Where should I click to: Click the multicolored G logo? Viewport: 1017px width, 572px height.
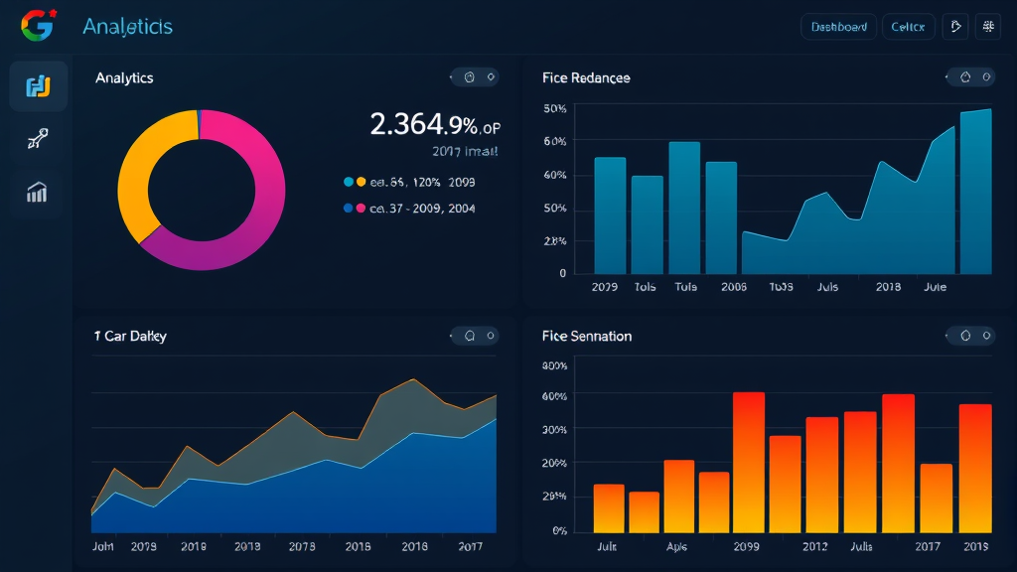37,26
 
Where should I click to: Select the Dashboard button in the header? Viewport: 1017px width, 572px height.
838,27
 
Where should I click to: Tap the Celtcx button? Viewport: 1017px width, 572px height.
908,27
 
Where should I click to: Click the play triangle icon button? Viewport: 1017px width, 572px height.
955,27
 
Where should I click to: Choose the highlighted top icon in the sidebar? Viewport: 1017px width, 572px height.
38,86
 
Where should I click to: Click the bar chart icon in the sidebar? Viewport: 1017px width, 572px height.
37,193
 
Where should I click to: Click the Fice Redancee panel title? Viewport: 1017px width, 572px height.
586,77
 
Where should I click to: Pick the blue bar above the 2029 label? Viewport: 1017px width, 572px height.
610,214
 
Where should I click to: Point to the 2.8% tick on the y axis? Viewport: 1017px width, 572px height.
555,241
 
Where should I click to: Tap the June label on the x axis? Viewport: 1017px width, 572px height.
935,287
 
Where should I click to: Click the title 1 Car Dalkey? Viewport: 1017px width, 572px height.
130,336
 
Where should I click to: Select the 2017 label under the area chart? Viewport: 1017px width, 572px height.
471,546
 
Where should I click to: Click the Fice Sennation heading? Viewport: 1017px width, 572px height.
587,336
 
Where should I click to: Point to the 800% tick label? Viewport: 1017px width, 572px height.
554,365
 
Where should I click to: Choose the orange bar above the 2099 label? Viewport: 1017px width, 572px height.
749,462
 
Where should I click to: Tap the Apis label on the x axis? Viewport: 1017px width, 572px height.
676,546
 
